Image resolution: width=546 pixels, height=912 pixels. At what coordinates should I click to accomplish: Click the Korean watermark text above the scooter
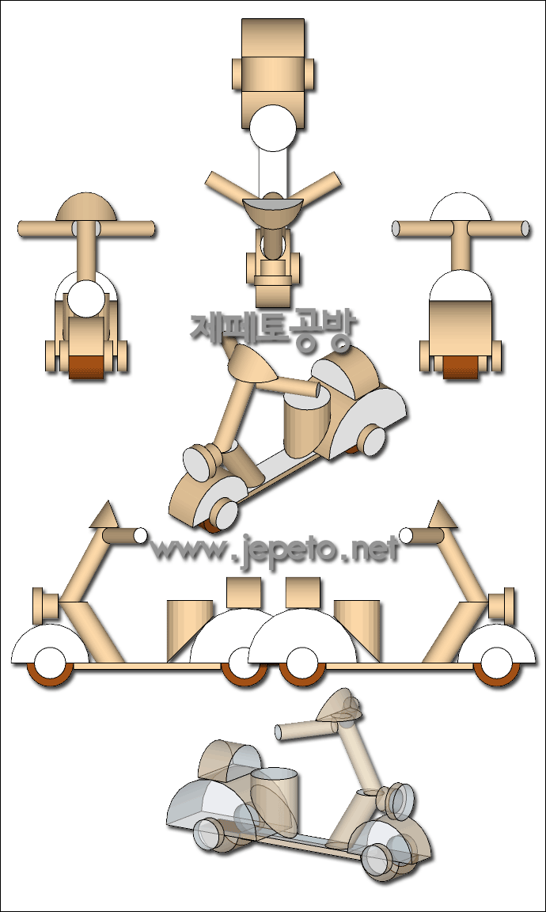tap(271, 329)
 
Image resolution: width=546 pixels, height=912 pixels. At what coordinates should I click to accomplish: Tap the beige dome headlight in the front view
tap(86, 207)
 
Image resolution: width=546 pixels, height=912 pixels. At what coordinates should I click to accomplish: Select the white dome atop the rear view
tap(460, 207)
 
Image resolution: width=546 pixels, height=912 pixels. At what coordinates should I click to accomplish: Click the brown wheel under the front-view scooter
tap(86, 367)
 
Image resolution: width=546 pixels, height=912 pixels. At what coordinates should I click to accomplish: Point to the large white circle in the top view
tap(273, 128)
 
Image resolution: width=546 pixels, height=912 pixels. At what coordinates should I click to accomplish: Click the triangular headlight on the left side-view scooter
tap(104, 516)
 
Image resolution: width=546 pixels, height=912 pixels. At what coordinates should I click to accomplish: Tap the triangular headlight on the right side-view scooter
tap(442, 516)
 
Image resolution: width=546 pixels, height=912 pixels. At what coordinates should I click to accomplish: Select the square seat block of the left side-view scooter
tap(244, 593)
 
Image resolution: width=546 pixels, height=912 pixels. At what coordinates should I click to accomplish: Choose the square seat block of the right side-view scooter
tap(303, 593)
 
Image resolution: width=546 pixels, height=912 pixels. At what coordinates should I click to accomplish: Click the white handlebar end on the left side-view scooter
tap(141, 536)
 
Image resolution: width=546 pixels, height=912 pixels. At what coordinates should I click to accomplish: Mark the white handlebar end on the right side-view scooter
tap(407, 536)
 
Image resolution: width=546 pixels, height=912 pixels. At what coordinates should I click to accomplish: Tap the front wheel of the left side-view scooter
tap(50, 666)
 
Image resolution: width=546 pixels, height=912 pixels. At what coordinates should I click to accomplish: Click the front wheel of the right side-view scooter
tap(497, 666)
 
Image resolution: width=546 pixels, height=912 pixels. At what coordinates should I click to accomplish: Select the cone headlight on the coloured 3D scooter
tap(251, 365)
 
